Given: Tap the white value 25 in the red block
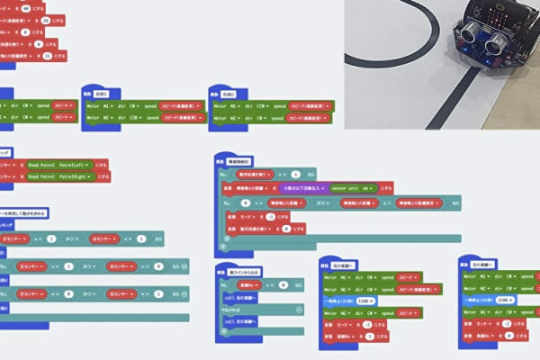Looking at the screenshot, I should (x=49, y=56).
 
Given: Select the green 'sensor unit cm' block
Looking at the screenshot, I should (x=354, y=188).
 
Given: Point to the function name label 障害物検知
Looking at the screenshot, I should (x=240, y=159).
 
